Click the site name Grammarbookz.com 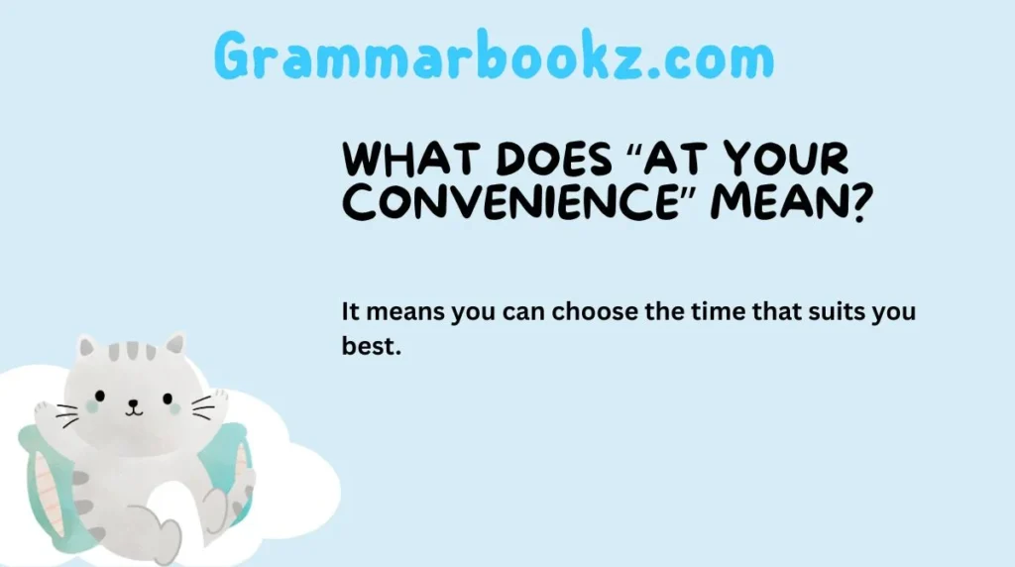pyautogui.click(x=494, y=57)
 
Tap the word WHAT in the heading pyautogui.click(x=396, y=160)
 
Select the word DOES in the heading pyautogui.click(x=523, y=160)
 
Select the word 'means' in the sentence pyautogui.click(x=407, y=312)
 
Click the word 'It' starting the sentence pyautogui.click(x=351, y=312)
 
